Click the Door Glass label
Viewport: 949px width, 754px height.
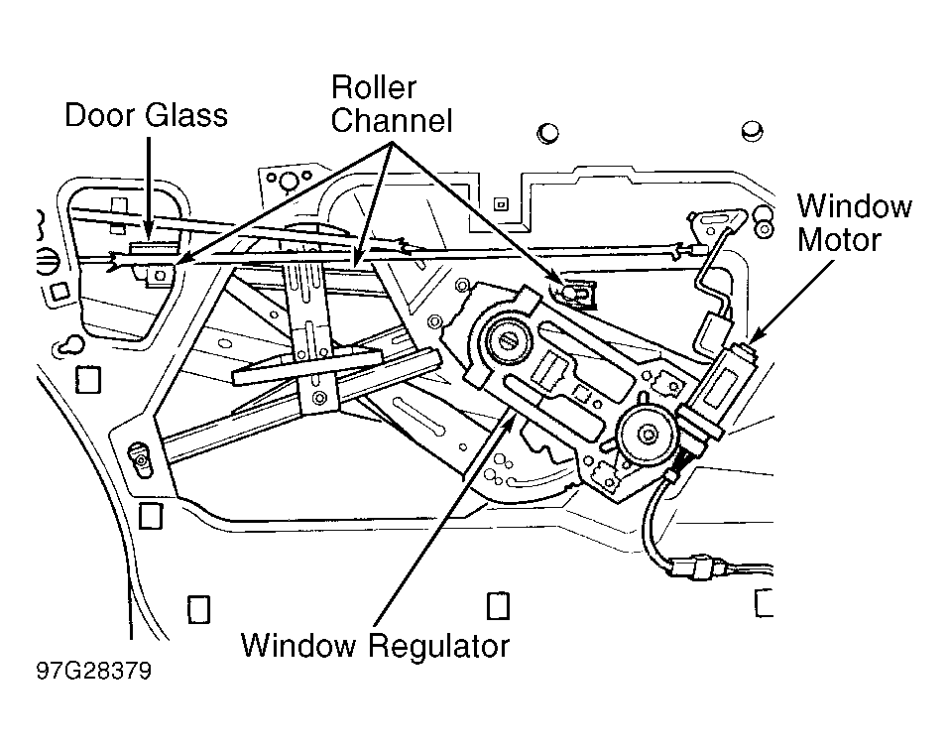coord(146,115)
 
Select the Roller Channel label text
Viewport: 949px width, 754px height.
coord(392,103)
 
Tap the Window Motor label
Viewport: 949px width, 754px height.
coord(855,223)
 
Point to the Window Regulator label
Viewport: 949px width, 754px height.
coord(375,646)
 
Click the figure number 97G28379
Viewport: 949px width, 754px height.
coord(94,672)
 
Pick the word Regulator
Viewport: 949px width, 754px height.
coord(439,646)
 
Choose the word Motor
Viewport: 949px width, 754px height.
coord(839,240)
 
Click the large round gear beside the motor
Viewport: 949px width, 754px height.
coord(647,434)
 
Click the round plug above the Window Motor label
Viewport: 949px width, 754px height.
coord(753,131)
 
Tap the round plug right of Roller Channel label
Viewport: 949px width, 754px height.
coord(548,133)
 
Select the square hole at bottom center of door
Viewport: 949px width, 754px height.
coord(499,605)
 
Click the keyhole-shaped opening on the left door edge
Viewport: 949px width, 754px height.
coord(70,345)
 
